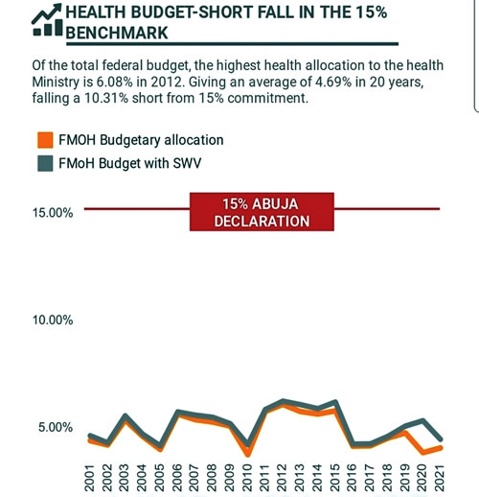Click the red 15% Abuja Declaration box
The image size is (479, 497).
(262, 212)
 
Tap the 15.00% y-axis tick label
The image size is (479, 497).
(53, 213)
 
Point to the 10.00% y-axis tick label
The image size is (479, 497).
(53, 320)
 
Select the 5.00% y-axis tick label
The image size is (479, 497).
(56, 427)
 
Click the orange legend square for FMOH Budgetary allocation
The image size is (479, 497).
(45, 140)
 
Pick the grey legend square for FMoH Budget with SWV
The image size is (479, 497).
(45, 163)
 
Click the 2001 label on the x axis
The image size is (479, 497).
(90, 478)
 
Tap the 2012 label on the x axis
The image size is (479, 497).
(282, 478)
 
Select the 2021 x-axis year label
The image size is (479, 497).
(440, 478)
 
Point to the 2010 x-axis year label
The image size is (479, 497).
(247, 478)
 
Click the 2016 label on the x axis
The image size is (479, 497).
(352, 478)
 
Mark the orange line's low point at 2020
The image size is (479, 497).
(423, 453)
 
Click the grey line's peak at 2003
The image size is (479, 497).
(125, 415)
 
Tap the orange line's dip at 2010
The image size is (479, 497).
(247, 454)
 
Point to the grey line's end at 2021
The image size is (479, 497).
(441, 439)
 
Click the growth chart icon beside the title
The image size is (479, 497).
(47, 20)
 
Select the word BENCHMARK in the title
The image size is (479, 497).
(117, 33)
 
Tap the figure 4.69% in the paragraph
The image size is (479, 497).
(333, 82)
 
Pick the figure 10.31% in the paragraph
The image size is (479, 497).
(106, 98)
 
